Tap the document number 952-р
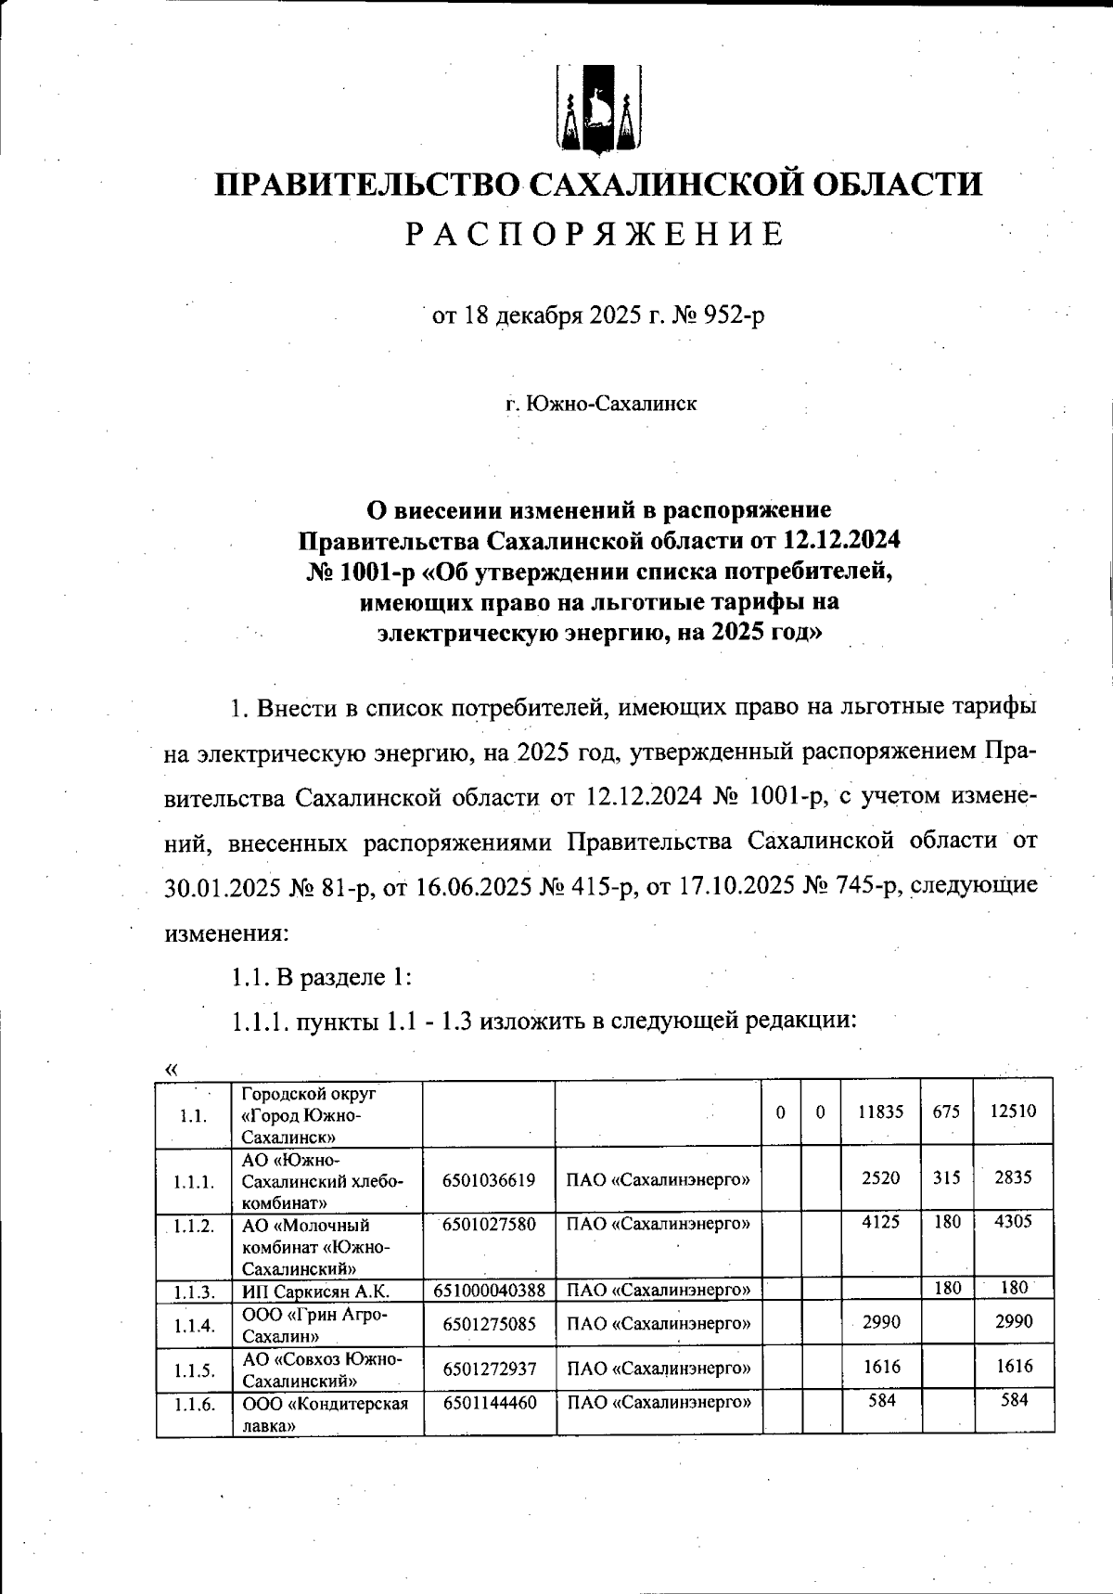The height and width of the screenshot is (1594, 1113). [734, 316]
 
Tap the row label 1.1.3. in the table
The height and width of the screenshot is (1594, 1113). [194, 1292]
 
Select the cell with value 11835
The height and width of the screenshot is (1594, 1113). [880, 1112]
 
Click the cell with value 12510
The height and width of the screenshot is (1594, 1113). [1013, 1112]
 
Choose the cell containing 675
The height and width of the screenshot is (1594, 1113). [946, 1112]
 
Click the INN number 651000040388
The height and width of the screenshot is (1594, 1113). [490, 1291]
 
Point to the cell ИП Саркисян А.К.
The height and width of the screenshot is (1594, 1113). [315, 1292]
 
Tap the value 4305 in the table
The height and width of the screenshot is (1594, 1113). [1013, 1223]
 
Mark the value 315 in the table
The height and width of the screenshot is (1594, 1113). [946, 1178]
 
